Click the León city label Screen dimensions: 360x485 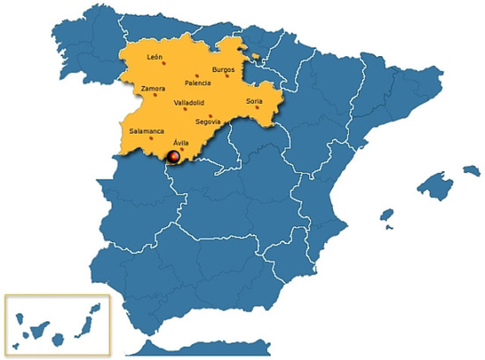coord(155,57)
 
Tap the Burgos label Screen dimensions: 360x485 coord(224,70)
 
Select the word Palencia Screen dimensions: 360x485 coord(198,83)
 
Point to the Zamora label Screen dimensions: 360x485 coord(153,89)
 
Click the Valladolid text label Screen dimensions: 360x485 coord(188,102)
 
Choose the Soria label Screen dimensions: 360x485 coord(255,101)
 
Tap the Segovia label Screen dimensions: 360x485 coord(208,121)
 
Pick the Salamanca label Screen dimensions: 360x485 coord(146,131)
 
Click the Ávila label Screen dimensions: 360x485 coord(180,142)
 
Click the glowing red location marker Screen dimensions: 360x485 coord(174,157)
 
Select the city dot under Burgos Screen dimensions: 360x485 coord(227,76)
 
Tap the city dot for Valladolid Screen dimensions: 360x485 coord(184,108)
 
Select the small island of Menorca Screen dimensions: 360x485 coord(471,169)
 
